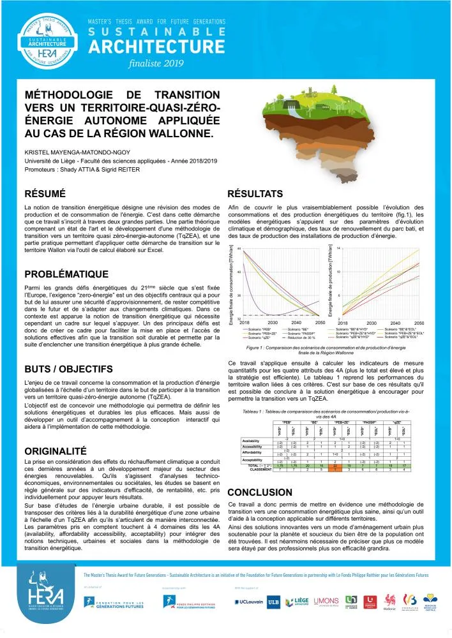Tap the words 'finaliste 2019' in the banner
(156, 63)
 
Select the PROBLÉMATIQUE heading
(66, 274)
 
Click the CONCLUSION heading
(260, 493)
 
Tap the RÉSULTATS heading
(255, 193)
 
